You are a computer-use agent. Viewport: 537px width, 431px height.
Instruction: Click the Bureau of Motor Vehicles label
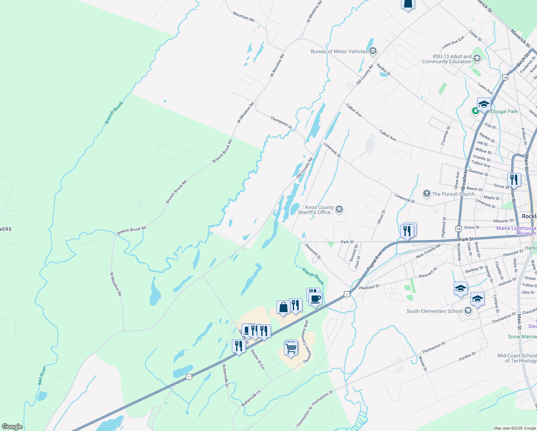click(339, 52)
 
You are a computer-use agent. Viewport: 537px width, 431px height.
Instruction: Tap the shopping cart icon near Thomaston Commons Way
click(291, 348)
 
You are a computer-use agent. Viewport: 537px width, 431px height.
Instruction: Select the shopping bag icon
click(283, 307)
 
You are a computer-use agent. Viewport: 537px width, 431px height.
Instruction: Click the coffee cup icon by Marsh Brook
click(315, 298)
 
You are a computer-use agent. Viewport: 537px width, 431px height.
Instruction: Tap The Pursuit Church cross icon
click(426, 194)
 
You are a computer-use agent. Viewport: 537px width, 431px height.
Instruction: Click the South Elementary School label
click(434, 311)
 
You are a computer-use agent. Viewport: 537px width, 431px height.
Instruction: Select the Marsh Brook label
click(313, 276)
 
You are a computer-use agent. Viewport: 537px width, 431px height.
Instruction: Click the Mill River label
click(42, 376)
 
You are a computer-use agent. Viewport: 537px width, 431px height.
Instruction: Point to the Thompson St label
click(281, 122)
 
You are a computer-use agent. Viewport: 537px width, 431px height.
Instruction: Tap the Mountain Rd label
click(243, 16)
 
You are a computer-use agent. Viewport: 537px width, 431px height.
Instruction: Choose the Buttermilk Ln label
click(251, 398)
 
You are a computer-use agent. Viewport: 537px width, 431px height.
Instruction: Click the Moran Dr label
click(422, 363)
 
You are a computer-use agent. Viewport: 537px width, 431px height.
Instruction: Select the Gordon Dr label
click(467, 356)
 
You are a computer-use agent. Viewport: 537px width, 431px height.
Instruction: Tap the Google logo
click(12, 427)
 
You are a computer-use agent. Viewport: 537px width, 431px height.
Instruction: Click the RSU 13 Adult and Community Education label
click(447, 59)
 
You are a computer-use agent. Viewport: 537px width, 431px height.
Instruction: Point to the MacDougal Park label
click(501, 111)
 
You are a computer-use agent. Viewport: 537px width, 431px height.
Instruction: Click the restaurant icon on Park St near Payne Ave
click(407, 231)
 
